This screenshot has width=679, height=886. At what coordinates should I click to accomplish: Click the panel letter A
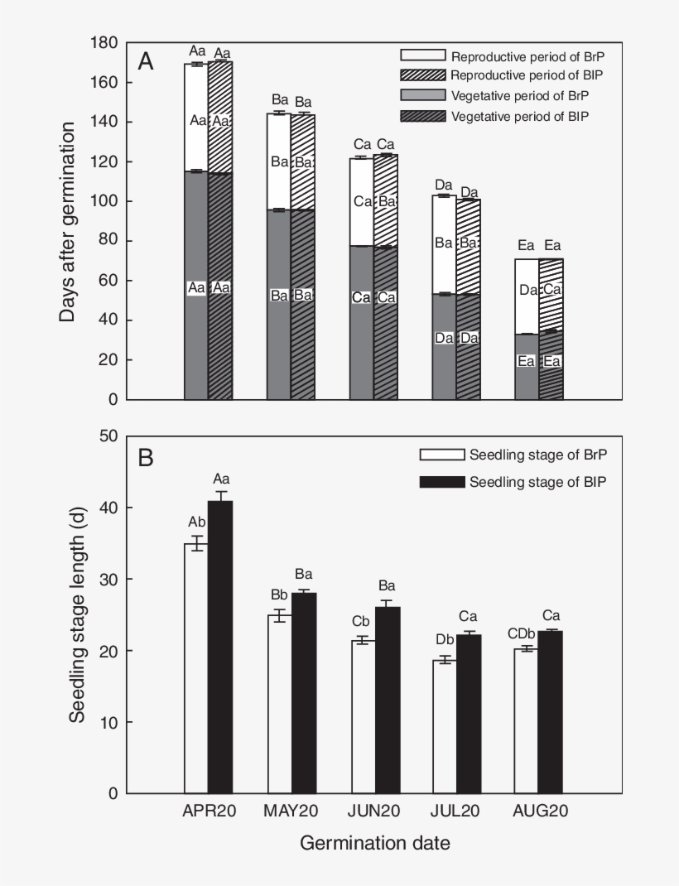(146, 61)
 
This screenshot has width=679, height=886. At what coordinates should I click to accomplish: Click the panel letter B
(146, 457)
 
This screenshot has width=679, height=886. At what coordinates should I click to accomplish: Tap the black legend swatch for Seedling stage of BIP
(441, 481)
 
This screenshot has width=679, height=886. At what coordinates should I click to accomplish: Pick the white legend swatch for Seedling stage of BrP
(441, 455)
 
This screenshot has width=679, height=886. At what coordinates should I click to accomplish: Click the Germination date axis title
(374, 844)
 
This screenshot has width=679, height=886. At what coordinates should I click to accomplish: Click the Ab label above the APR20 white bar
(195, 522)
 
